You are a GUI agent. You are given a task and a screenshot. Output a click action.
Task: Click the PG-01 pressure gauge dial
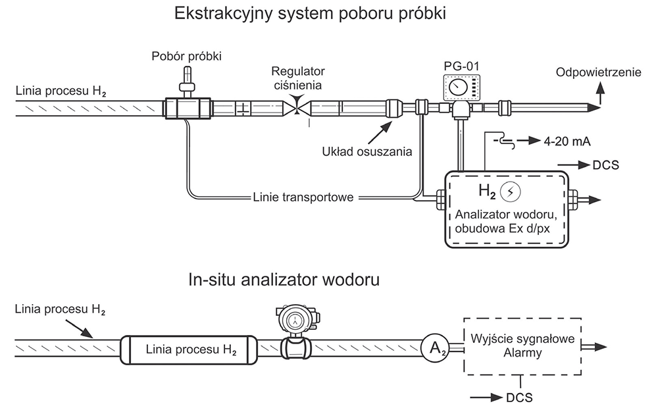pyautogui.click(x=457, y=88)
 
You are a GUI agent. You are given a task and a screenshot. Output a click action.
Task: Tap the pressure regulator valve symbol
pyautogui.click(x=297, y=106)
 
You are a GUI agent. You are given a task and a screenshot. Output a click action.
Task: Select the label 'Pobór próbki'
pyautogui.click(x=186, y=56)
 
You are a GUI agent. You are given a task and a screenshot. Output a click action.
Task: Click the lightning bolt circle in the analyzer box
pyautogui.click(x=511, y=192)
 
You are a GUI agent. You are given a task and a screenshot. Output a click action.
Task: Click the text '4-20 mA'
pyautogui.click(x=567, y=142)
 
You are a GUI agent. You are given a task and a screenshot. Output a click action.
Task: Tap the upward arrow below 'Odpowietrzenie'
pyautogui.click(x=601, y=93)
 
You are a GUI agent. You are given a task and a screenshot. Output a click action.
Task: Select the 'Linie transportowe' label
pyautogui.click(x=303, y=197)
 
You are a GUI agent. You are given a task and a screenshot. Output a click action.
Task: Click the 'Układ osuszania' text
pyautogui.click(x=367, y=151)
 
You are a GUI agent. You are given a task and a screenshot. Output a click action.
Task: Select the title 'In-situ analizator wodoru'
pyautogui.click(x=284, y=280)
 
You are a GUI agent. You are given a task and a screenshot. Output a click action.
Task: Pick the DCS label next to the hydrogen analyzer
pyautogui.click(x=605, y=165)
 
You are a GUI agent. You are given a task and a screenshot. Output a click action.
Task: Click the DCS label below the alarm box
pyautogui.click(x=519, y=398)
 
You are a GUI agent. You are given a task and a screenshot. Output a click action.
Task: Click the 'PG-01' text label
pyautogui.click(x=461, y=66)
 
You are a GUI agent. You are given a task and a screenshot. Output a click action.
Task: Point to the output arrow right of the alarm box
pyautogui.click(x=594, y=347)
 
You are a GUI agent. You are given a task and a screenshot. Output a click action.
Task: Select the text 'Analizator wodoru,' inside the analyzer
pyautogui.click(x=505, y=215)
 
